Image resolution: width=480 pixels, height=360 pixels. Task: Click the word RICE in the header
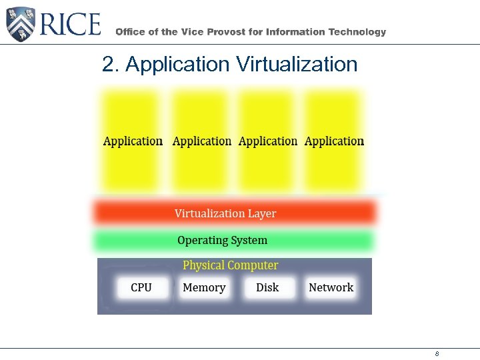point(71,25)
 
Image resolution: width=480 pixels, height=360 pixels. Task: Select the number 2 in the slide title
point(107,65)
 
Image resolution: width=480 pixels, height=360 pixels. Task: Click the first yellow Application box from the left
point(132,141)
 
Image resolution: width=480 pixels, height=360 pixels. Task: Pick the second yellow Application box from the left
point(201,141)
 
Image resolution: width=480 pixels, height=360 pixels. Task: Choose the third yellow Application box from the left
point(267,141)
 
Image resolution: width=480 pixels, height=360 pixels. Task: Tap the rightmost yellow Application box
point(333,141)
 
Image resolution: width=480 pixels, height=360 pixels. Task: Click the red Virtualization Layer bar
point(233,213)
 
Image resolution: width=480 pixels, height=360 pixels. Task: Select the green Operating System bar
point(233,241)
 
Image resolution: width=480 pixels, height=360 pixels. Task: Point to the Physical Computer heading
point(231,265)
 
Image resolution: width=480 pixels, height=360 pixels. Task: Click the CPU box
point(141,288)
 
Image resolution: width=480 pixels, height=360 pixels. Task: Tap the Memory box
point(204,288)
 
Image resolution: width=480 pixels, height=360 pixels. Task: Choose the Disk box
point(267,288)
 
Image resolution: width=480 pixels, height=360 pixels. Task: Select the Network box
point(331,288)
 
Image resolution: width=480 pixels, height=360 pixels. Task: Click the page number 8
point(437,354)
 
